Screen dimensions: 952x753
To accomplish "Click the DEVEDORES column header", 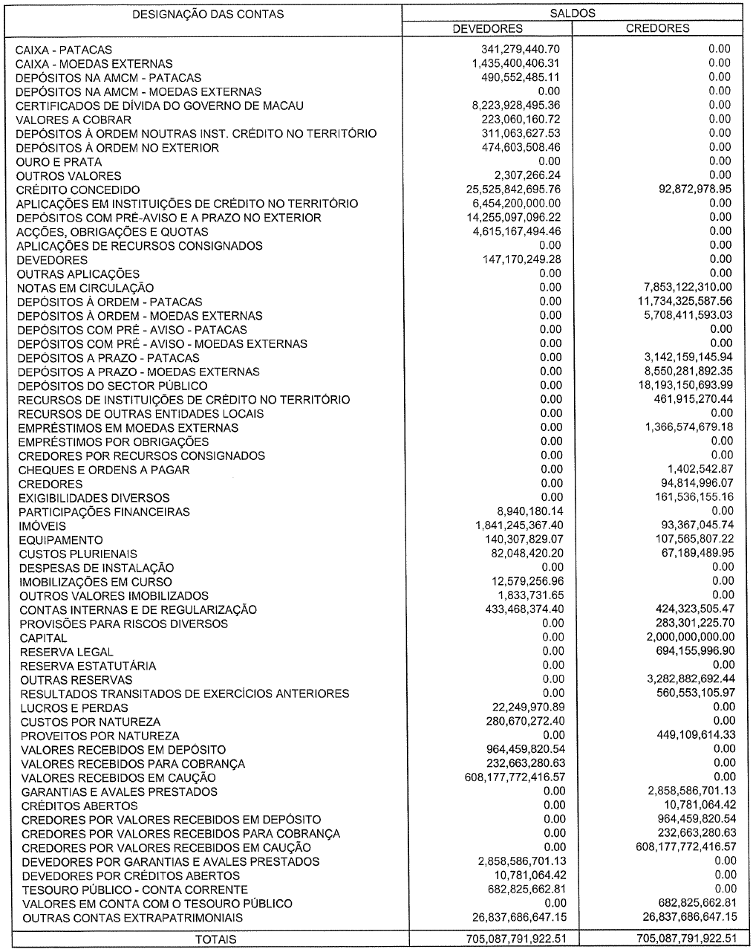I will (487, 28).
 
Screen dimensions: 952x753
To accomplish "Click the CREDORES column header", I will (657, 28).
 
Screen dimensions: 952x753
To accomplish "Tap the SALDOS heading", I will (573, 13).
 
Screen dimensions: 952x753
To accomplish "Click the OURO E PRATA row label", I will (59, 162).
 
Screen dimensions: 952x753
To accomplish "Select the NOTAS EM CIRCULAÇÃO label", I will (85, 288).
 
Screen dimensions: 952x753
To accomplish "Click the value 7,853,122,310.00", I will (685, 287).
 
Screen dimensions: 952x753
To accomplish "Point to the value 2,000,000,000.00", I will (690, 638).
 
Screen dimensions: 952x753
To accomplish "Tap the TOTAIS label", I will (215, 939).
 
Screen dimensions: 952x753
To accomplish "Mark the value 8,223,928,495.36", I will (516, 106).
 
